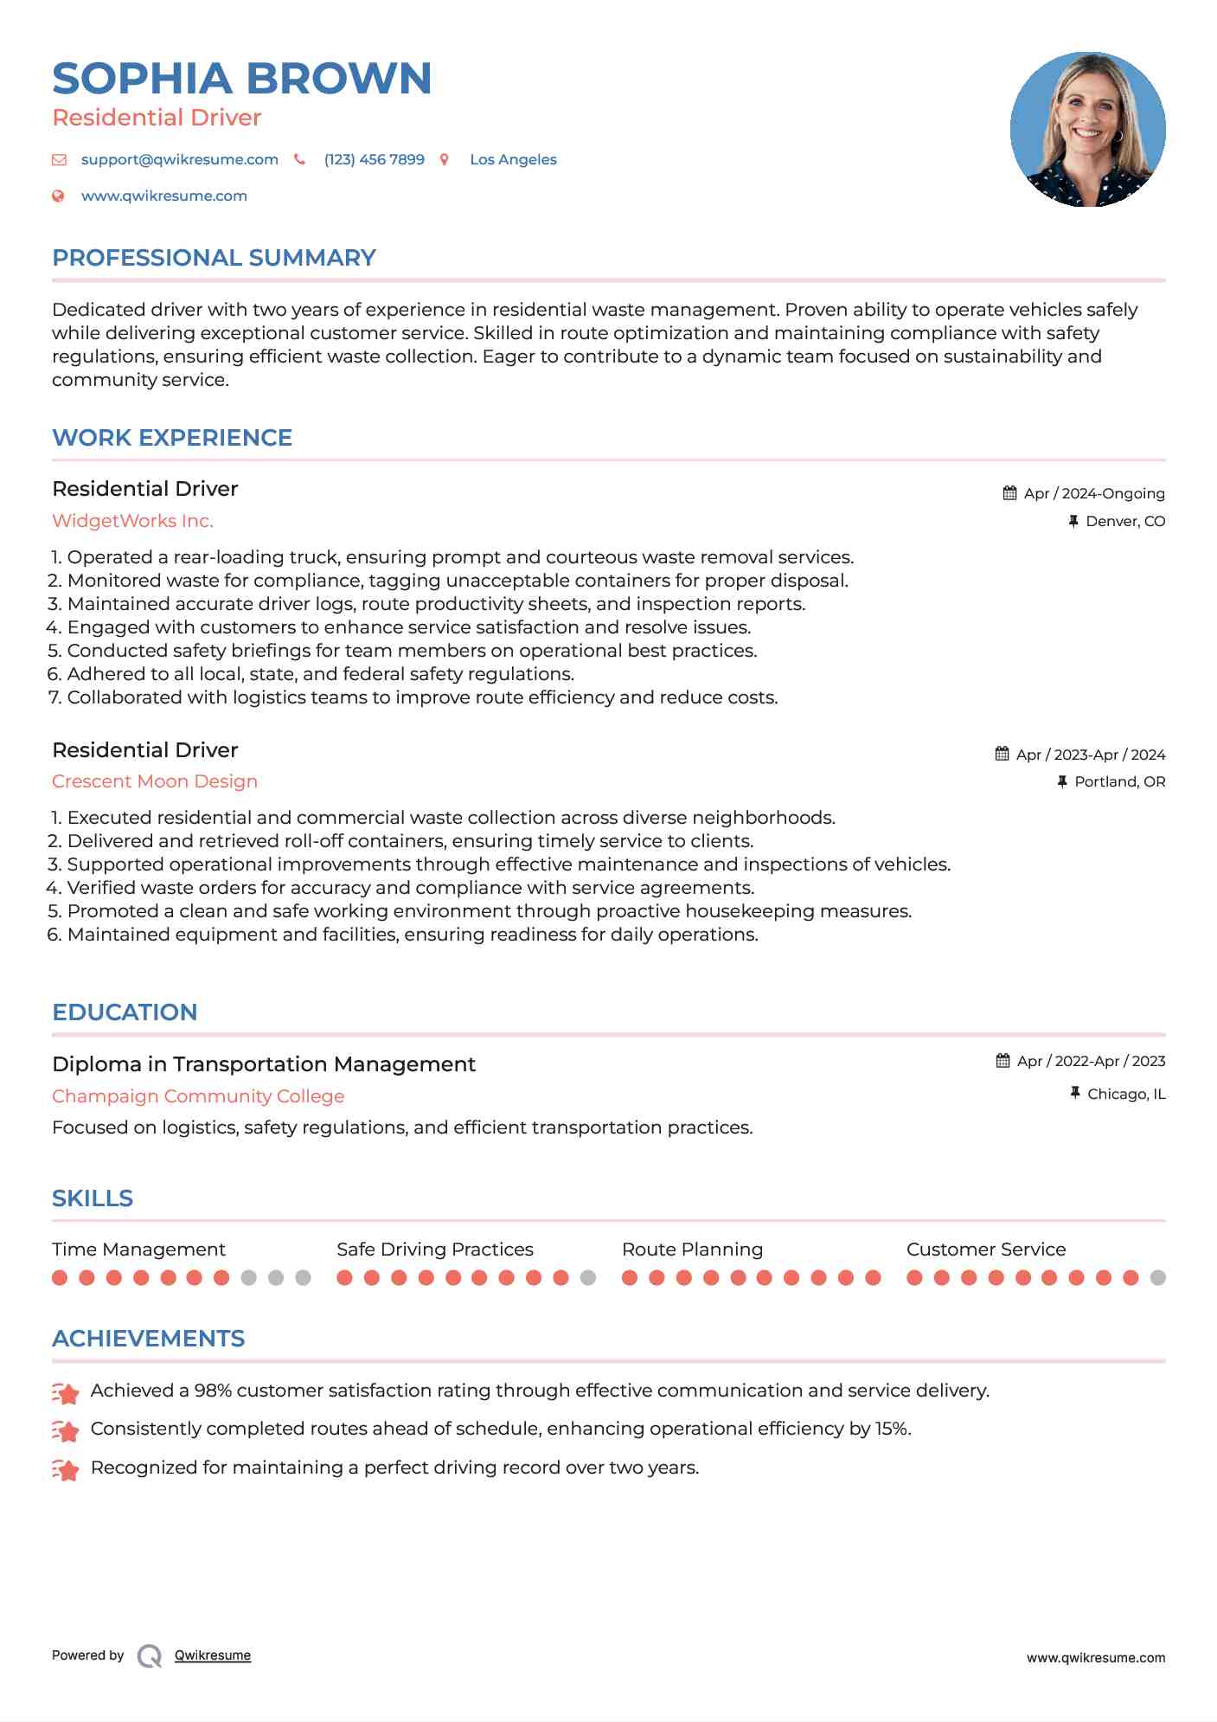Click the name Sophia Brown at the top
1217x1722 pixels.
[241, 78]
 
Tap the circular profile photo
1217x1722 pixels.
[1087, 130]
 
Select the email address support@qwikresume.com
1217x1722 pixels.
[179, 159]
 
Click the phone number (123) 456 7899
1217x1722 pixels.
[374, 159]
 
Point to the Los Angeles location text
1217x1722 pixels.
[513, 159]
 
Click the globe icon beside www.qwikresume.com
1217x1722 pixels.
[59, 196]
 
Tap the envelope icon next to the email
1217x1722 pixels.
[59, 159]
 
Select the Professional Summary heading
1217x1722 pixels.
[214, 258]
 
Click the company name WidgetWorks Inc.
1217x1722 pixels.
[132, 521]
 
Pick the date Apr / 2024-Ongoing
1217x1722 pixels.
[1093, 493]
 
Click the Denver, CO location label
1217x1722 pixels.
[1124, 521]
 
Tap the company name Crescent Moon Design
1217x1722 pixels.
[155, 781]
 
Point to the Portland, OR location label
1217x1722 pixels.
[1119, 781]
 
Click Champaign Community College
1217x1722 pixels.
[198, 1096]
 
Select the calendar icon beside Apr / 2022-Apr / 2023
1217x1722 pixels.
[1002, 1061]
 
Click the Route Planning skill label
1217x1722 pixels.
[692, 1250]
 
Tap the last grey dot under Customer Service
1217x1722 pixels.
[1158, 1277]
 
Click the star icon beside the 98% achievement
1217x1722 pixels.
[66, 1392]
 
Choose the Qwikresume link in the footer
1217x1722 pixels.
[213, 1655]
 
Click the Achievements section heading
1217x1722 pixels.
[148, 1339]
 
